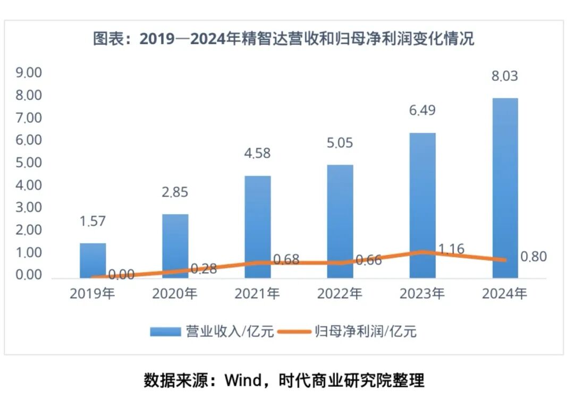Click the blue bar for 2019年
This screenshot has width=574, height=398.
pyautogui.click(x=93, y=260)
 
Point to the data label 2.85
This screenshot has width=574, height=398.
pyautogui.click(x=175, y=192)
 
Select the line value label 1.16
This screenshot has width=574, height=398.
pyautogui.click(x=451, y=249)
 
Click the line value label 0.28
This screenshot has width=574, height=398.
pyautogui.click(x=204, y=268)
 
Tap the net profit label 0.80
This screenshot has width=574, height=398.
pyautogui.click(x=533, y=257)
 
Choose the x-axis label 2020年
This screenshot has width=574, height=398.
pyautogui.click(x=175, y=293)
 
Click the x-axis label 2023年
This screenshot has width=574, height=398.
pyautogui.click(x=423, y=293)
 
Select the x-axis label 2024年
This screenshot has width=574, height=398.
pyautogui.click(x=505, y=293)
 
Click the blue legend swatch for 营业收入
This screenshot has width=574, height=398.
pyautogui.click(x=166, y=332)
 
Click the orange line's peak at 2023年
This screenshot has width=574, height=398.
pyautogui.click(x=423, y=252)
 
